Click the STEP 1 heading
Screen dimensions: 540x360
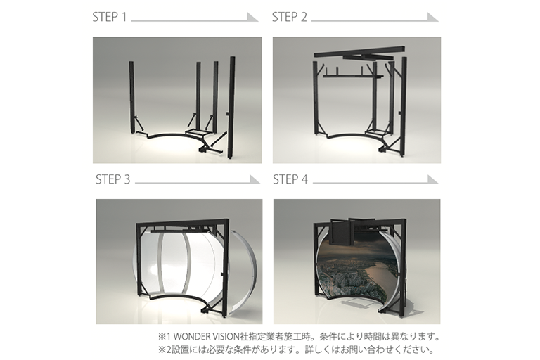point(110,17)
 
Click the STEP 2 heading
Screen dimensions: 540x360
point(289,17)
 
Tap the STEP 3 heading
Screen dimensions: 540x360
point(113,179)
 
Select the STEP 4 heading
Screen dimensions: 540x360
point(290,179)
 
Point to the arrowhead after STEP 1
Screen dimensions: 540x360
point(252,17)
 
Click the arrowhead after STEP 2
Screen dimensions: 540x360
point(432,17)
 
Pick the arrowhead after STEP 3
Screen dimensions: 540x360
point(255,179)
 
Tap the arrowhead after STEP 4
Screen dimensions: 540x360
point(433,179)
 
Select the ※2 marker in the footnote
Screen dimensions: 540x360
point(162,350)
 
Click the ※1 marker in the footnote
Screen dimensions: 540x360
point(162,336)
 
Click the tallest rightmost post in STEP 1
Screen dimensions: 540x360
point(232,108)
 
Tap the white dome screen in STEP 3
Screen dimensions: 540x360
point(179,262)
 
